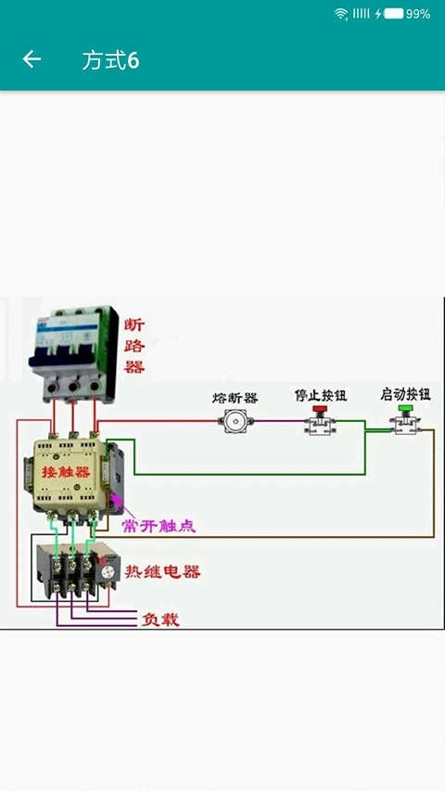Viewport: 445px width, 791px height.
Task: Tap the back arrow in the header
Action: [32, 60]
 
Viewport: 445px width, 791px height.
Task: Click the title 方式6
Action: [110, 61]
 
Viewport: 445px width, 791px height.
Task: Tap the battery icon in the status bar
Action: [393, 14]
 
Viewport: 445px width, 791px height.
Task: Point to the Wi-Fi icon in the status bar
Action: [341, 14]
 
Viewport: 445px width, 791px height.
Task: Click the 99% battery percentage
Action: [418, 14]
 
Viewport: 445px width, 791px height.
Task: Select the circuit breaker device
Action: [74, 354]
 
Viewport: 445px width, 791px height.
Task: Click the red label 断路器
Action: [134, 346]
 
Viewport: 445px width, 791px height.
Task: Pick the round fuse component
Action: [235, 423]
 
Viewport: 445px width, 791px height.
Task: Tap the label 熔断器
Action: [235, 398]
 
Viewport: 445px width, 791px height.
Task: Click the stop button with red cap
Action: [321, 421]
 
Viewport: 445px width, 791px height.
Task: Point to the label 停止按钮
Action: [321, 395]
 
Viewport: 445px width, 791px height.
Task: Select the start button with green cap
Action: [405, 421]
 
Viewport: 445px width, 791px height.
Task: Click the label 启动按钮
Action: [405, 394]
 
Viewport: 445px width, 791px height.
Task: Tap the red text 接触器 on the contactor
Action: [66, 472]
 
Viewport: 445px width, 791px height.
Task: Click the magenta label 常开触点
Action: [159, 526]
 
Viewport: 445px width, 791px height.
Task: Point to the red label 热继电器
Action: [163, 571]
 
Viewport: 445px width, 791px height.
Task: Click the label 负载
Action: [159, 619]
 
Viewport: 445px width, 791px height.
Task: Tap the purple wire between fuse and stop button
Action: [278, 423]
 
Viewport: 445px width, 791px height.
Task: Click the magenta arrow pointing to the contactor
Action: [118, 505]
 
